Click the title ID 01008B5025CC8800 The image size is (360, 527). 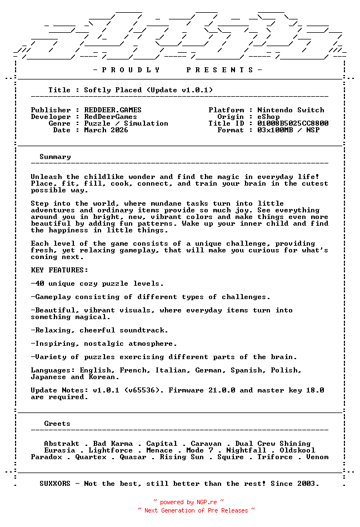(293, 123)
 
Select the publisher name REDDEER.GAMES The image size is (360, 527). (113, 110)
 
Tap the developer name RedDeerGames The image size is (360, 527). (111, 117)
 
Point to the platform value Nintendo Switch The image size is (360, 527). (291, 110)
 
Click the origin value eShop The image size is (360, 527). (268, 117)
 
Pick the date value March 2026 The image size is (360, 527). (106, 130)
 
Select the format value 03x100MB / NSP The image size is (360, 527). (288, 130)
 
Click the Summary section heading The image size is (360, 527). (55, 157)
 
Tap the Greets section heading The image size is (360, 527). (57, 424)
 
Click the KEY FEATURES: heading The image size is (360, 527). (59, 270)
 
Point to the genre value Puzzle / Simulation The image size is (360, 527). (126, 123)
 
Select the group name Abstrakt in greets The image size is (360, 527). (62, 444)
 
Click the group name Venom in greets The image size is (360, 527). (317, 457)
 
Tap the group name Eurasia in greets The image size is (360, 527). (59, 450)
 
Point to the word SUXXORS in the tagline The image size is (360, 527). (55, 484)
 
